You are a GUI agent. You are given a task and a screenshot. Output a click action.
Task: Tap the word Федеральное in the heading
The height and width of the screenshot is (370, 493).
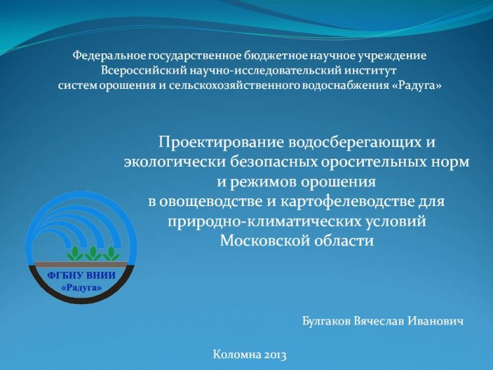[109, 56]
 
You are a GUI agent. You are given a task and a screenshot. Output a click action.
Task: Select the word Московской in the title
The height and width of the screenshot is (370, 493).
[265, 241]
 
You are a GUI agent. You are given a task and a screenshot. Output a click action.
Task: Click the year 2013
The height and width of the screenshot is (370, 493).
[275, 355]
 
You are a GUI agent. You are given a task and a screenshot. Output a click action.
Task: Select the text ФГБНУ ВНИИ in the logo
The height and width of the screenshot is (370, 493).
[82, 276]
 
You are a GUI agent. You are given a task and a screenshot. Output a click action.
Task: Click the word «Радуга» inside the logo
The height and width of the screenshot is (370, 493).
[82, 288]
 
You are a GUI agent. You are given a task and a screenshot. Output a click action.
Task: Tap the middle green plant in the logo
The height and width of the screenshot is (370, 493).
[93, 253]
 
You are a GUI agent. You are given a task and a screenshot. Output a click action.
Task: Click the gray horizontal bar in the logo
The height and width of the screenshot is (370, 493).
[81, 264]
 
